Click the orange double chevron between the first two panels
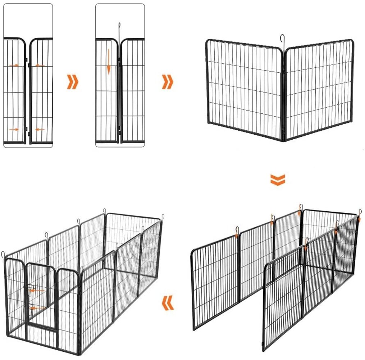[72, 82]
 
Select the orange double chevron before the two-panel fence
[168, 82]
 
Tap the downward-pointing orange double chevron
[278, 180]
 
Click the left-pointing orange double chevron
[168, 303]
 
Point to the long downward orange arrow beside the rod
[108, 61]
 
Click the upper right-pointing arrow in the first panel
[14, 65]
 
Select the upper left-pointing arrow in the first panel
[40, 65]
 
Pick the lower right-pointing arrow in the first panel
[14, 129]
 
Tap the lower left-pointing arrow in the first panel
[40, 129]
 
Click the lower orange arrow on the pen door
[37, 308]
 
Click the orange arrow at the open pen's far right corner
[359, 218]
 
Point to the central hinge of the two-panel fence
[283, 94]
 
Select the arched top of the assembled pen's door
[40, 264]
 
